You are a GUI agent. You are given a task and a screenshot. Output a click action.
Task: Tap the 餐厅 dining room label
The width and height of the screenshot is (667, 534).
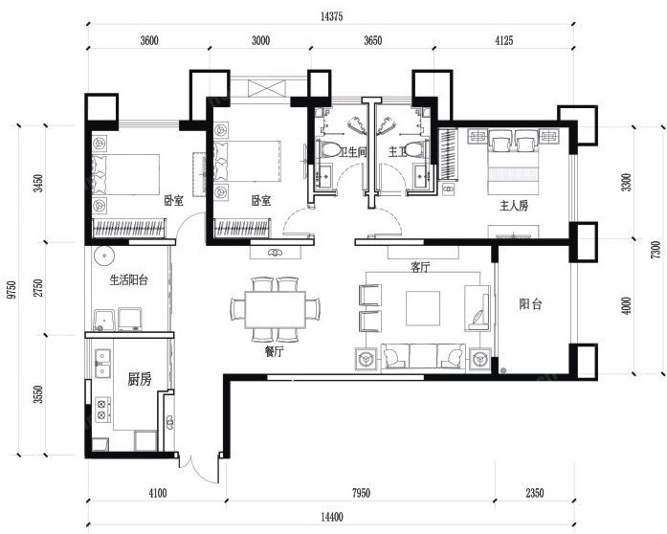tap(276, 351)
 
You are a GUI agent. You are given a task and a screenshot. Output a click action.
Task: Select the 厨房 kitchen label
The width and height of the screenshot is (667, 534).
tap(139, 380)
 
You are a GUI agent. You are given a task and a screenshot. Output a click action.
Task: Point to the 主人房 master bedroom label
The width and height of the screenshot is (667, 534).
tap(514, 205)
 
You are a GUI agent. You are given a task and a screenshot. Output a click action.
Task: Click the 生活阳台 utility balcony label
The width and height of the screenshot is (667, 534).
tap(128, 280)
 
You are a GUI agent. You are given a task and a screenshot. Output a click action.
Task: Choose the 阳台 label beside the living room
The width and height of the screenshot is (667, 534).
tap(530, 304)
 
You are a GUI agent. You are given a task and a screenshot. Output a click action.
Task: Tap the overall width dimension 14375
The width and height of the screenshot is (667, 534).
tap(333, 15)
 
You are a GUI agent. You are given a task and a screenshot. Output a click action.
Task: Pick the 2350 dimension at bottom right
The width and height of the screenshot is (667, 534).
tap(534, 494)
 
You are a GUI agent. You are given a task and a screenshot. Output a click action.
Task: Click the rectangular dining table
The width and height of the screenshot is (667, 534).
tap(275, 308)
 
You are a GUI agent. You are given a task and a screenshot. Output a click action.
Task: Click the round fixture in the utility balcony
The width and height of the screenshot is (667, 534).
tap(104, 256)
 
